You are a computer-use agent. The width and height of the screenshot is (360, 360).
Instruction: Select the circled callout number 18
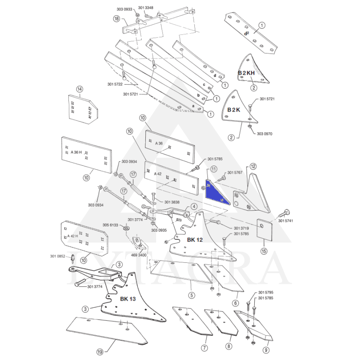coord(117,19)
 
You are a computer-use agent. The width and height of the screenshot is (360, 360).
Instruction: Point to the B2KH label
coord(246,72)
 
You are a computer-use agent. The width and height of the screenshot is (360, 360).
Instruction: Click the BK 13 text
coord(128,299)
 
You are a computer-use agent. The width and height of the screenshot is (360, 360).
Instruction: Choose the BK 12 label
coord(195,240)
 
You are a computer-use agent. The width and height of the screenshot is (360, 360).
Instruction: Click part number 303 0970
coord(265,134)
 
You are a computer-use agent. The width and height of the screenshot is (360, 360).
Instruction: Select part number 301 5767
coord(235,172)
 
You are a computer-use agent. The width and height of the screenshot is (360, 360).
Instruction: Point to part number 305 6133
coord(110,225)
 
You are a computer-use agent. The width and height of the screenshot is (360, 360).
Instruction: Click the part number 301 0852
coord(58,256)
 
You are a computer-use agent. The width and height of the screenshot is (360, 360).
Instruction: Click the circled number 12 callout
coord(253,166)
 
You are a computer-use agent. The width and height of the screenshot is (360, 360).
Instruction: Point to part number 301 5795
coord(265,293)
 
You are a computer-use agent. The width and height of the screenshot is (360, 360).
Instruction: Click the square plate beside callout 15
coord(262,229)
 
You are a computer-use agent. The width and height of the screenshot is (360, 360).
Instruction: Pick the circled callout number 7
coord(204,348)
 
